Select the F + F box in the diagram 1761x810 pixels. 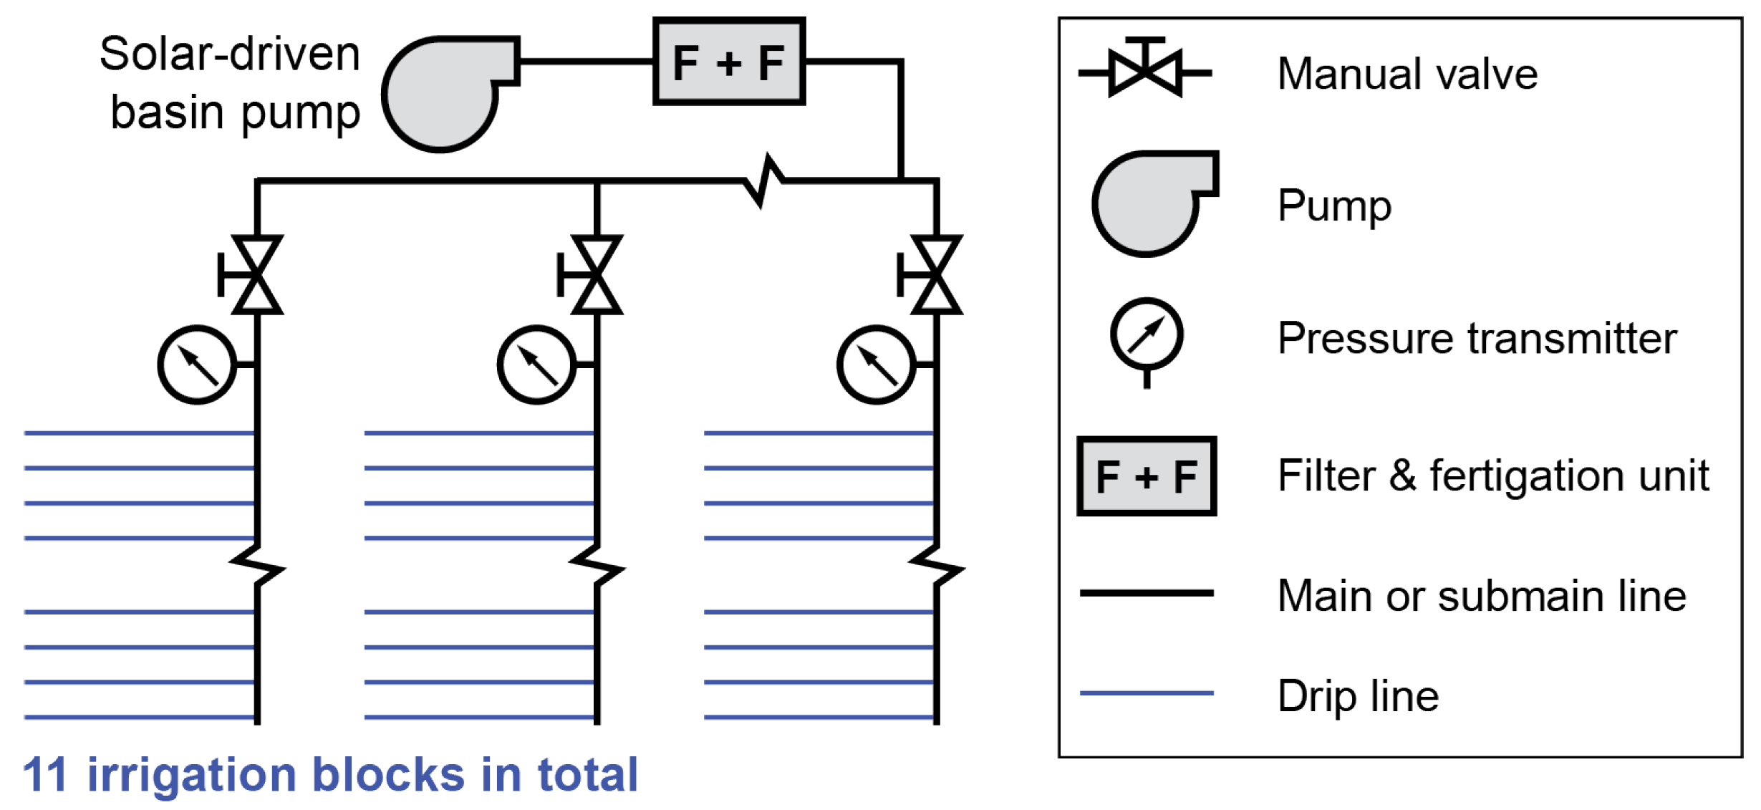click(729, 62)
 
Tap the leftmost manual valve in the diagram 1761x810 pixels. click(256, 275)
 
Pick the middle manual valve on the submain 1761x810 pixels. click(596, 275)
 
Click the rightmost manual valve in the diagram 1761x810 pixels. click(935, 275)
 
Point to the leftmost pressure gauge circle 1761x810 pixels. click(197, 365)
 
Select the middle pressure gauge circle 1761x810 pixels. click(536, 365)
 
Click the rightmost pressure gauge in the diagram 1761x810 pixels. click(876, 365)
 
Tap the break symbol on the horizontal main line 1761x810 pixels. click(764, 180)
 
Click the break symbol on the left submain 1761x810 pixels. click(257, 566)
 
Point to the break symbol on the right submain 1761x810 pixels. click(936, 566)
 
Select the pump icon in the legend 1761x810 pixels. click(1149, 203)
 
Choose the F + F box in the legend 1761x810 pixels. click(1147, 476)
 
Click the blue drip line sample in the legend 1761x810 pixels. click(1147, 693)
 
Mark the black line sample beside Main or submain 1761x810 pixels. click(1147, 592)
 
